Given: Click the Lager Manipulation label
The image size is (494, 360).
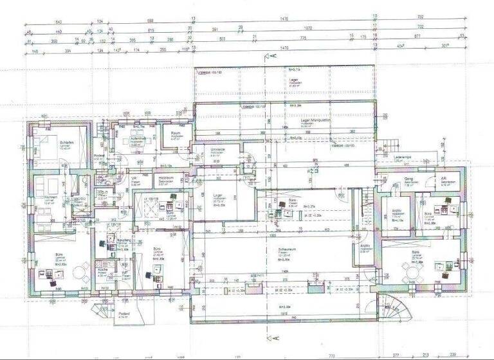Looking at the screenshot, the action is coord(315,120).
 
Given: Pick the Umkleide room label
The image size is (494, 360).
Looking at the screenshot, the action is coord(218,150).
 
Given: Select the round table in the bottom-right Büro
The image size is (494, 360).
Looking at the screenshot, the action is coord(412,274).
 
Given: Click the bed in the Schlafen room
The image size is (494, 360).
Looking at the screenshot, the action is coord(45,145).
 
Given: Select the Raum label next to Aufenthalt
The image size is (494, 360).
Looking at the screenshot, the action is coord(175,133).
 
